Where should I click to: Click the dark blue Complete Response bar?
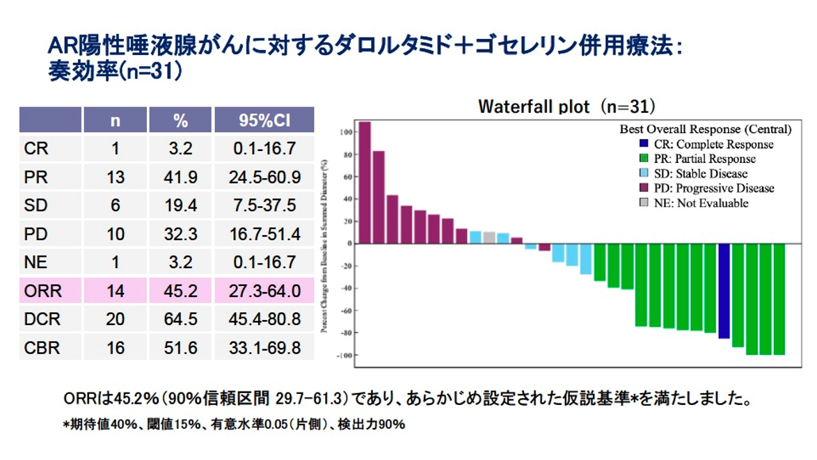click(724, 290)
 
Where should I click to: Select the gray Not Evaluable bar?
click(489, 237)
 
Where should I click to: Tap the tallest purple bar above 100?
click(365, 182)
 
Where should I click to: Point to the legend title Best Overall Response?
click(705, 129)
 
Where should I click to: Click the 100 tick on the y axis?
click(344, 132)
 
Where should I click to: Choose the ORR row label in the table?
click(42, 291)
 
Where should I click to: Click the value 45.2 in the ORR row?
click(180, 291)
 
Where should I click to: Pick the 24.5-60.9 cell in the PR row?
click(264, 177)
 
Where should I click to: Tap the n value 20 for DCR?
click(116, 319)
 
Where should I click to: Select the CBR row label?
click(42, 347)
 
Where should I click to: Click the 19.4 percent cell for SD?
click(180, 206)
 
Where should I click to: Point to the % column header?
click(180, 120)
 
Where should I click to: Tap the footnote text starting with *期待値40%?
click(233, 424)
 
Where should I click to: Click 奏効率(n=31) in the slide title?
click(116, 72)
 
